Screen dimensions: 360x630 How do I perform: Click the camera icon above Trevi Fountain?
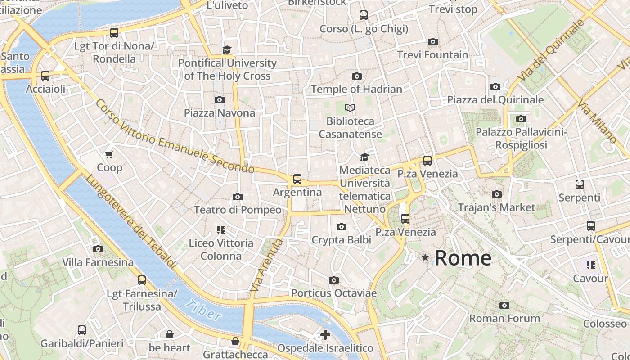(433, 42)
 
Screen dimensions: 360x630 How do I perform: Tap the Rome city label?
(463, 258)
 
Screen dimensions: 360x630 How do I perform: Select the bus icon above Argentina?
(297, 179)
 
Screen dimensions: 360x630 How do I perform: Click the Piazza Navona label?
(220, 113)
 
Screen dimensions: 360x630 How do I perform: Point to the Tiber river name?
(204, 310)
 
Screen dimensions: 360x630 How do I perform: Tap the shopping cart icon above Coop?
(109, 155)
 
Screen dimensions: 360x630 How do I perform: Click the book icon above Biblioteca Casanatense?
(350, 108)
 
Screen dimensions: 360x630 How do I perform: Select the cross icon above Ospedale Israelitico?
(325, 335)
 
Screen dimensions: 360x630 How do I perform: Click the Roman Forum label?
(504, 319)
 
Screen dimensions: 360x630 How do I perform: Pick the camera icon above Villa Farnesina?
(98, 249)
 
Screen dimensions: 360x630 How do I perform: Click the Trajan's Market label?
(496, 207)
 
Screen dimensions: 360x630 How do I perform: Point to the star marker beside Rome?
(425, 257)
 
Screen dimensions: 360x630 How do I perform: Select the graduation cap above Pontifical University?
(227, 49)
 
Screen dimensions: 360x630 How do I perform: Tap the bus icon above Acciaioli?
(45, 76)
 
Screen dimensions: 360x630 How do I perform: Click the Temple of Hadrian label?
(356, 89)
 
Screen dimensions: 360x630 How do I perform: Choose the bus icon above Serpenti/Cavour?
(591, 226)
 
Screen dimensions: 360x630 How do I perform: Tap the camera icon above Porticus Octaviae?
(333, 280)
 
